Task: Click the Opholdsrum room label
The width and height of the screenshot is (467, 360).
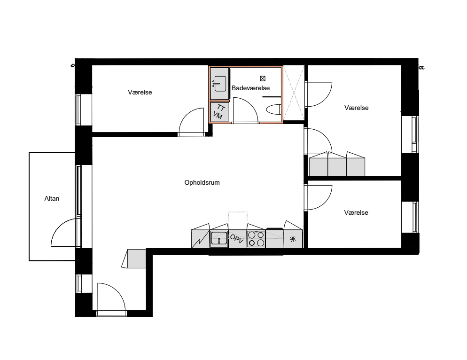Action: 202,182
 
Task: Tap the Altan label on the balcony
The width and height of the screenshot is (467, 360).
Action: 52,198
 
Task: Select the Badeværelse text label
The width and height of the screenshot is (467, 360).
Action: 250,88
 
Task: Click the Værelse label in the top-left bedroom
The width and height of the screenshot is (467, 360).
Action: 140,93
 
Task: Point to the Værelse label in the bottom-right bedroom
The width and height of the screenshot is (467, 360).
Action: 356,212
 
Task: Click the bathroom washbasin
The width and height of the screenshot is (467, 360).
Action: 220,84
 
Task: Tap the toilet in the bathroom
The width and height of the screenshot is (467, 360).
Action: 274,110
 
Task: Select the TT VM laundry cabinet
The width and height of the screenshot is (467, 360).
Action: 219,112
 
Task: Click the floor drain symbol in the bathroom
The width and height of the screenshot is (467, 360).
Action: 263,78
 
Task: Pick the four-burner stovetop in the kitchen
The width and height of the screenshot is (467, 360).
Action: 256,239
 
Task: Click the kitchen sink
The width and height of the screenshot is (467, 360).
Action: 219,239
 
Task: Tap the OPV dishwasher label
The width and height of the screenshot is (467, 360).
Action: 237,239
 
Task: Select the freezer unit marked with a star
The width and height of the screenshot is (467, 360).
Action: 293,239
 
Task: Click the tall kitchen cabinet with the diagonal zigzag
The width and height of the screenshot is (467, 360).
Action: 200,239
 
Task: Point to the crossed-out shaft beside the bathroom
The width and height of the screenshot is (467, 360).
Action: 294,93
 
